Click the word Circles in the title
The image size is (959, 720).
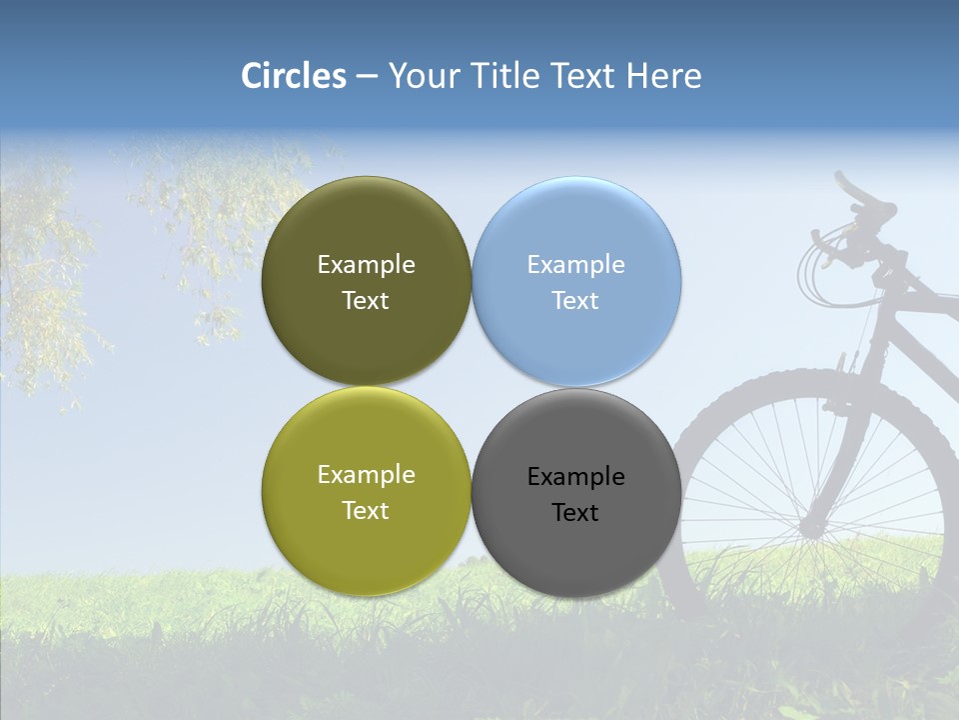[294, 76]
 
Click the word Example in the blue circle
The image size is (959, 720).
[576, 265]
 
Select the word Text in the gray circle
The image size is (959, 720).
[575, 513]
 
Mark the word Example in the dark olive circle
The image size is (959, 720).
[366, 265]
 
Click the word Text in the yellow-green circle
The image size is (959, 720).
[366, 511]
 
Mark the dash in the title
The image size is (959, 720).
[367, 77]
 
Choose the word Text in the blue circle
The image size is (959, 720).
[575, 301]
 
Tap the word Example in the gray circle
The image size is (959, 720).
[576, 477]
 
